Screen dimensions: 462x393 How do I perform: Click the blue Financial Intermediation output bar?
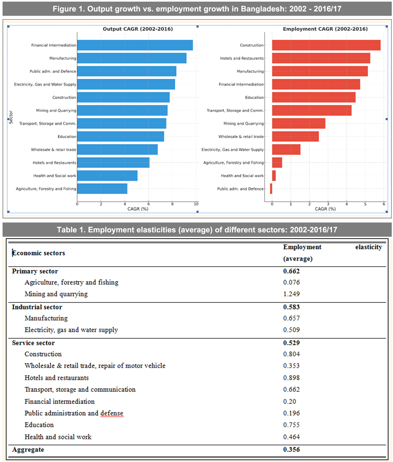click(135, 45)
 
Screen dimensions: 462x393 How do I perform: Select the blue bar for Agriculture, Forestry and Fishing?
click(102, 189)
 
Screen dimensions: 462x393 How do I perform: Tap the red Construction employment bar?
click(326, 45)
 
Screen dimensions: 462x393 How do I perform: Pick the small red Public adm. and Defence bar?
click(271, 189)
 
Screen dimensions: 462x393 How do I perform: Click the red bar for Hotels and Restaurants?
click(321, 58)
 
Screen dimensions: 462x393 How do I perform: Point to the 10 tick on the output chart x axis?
click(196, 204)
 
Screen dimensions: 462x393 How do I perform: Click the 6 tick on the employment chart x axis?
click(384, 204)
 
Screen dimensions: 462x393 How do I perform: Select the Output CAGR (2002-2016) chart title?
click(138, 29)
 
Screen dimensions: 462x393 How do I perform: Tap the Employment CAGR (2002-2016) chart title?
click(325, 29)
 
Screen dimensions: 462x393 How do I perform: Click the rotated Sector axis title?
click(10, 117)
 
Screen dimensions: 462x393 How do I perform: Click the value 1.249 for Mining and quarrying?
click(292, 294)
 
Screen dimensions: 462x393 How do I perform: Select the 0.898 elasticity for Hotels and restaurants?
click(292, 378)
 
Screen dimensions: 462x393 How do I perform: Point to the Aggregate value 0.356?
click(292, 449)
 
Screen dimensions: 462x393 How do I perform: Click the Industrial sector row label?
click(37, 307)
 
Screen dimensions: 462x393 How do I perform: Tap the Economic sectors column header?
click(38, 253)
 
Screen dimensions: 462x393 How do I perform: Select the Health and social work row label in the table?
click(58, 437)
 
